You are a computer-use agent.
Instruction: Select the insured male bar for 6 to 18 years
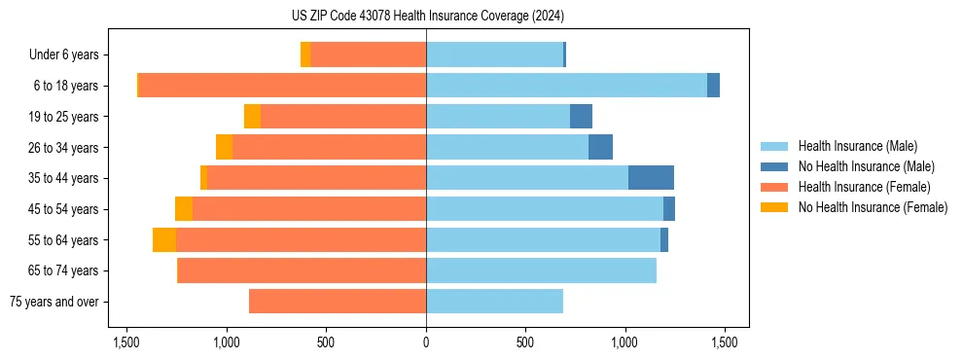click(x=566, y=86)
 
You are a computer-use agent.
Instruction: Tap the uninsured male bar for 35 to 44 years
click(x=651, y=178)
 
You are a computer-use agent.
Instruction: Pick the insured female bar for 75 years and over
click(x=338, y=302)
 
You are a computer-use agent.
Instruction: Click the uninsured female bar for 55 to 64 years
click(x=164, y=239)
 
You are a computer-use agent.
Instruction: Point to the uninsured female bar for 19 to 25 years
click(x=252, y=117)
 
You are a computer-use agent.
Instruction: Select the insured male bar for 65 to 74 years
click(x=541, y=270)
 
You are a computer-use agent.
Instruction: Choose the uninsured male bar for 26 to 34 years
click(x=600, y=147)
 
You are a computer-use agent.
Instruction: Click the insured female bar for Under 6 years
click(x=368, y=54)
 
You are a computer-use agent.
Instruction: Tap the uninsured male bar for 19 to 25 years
click(x=581, y=117)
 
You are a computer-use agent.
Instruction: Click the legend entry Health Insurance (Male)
click(x=857, y=146)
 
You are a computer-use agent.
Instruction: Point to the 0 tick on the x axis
click(x=426, y=342)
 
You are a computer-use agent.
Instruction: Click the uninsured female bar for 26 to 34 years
click(x=224, y=147)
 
